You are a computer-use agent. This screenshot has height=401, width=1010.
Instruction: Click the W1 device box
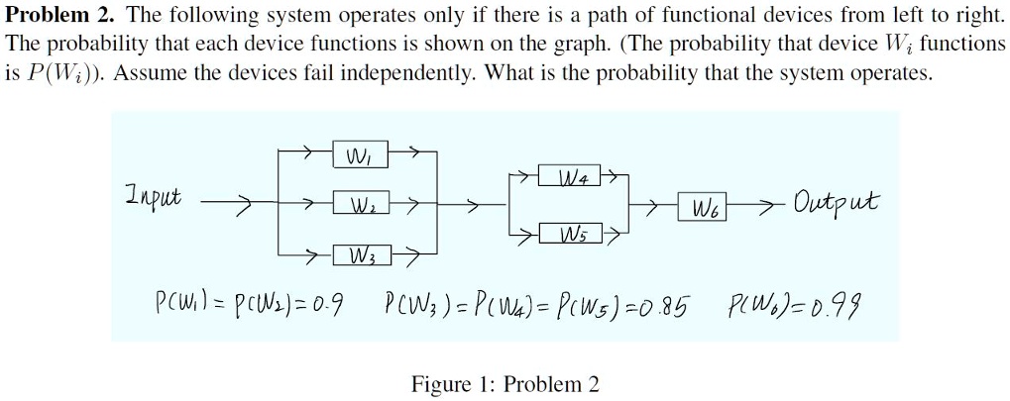[x=360, y=154]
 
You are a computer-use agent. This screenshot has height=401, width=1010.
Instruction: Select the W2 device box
[x=360, y=205]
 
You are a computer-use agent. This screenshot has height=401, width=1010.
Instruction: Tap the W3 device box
[x=361, y=255]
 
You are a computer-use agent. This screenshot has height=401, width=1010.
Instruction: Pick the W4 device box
[x=569, y=174]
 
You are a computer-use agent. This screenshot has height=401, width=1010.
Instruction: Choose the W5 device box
[x=569, y=233]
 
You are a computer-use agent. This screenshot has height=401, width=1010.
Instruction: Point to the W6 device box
[x=702, y=207]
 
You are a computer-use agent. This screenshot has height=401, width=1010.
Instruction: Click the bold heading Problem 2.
[x=61, y=16]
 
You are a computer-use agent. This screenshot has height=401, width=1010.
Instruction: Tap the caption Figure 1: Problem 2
[x=505, y=384]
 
